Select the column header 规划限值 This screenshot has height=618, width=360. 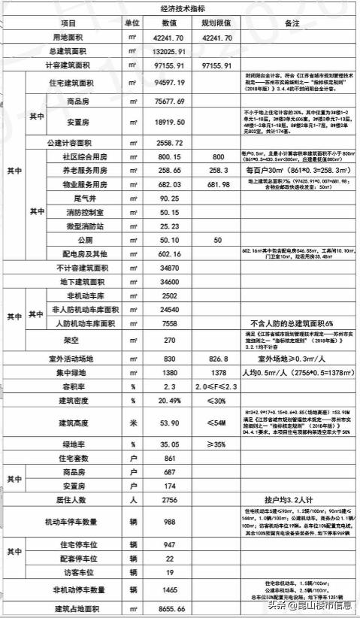tap(217, 23)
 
